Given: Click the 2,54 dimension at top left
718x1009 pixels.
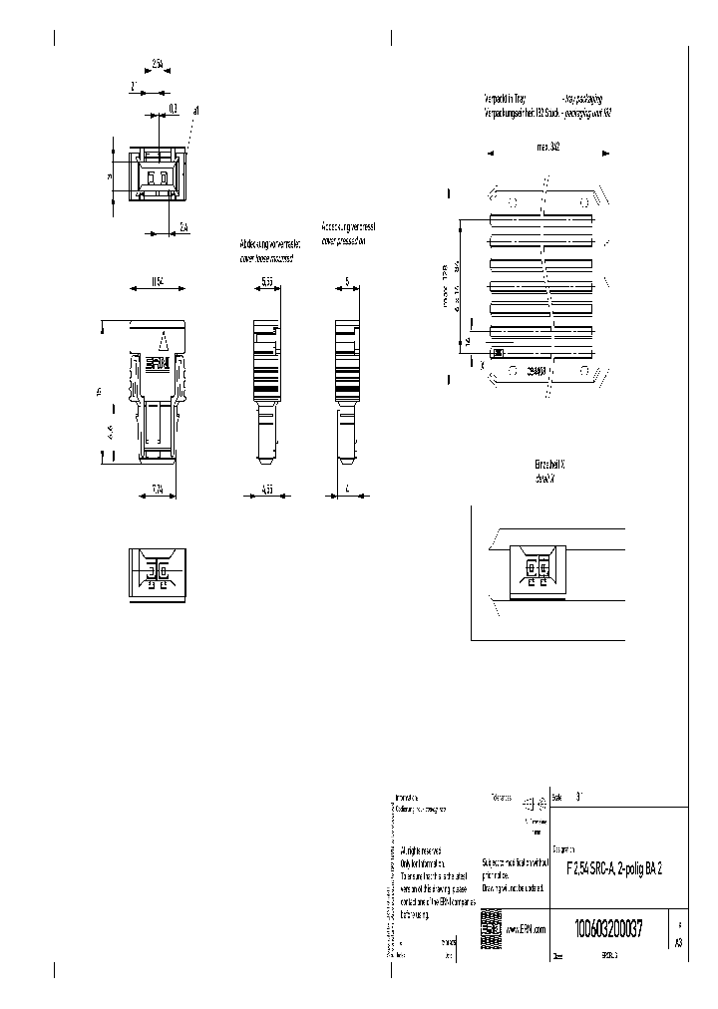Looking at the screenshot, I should (159, 65).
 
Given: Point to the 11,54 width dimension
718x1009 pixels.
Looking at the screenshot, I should (158, 282).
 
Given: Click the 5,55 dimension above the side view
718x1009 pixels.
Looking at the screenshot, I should (267, 282).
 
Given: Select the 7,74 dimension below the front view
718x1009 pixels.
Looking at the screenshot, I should (157, 489).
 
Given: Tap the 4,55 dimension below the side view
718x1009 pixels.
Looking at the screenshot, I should (267, 489).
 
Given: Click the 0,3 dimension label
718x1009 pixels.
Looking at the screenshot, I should (172, 107).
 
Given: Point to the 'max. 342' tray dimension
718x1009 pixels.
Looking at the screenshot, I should (547, 146).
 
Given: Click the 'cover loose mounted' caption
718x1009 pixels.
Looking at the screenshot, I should (266, 257).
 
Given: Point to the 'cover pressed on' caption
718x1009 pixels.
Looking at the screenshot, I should (344, 241).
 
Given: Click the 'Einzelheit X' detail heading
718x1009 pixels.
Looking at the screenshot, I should (550, 466).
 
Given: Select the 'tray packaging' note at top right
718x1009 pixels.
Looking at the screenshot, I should (582, 100).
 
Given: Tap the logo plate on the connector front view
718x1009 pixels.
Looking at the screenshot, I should (159, 365).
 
